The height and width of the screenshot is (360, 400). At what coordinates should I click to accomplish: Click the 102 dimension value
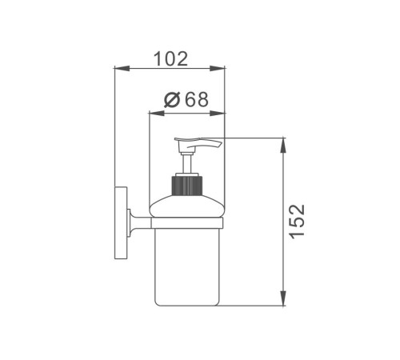(171, 59)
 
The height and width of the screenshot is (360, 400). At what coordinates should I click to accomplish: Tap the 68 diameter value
(197, 99)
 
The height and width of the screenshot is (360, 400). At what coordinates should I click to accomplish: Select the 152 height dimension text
(297, 222)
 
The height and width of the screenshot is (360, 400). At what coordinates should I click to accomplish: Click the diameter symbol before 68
(173, 100)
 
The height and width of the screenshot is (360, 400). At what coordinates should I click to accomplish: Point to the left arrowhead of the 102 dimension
(122, 68)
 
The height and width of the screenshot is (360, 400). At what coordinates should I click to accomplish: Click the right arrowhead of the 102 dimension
(218, 68)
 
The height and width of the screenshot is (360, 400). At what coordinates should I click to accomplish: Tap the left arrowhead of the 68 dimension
(156, 114)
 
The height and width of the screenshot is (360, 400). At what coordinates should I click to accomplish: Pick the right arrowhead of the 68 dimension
(218, 114)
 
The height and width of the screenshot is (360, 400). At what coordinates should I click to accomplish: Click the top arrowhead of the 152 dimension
(283, 146)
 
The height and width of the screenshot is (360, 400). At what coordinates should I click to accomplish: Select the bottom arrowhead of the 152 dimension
(283, 298)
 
